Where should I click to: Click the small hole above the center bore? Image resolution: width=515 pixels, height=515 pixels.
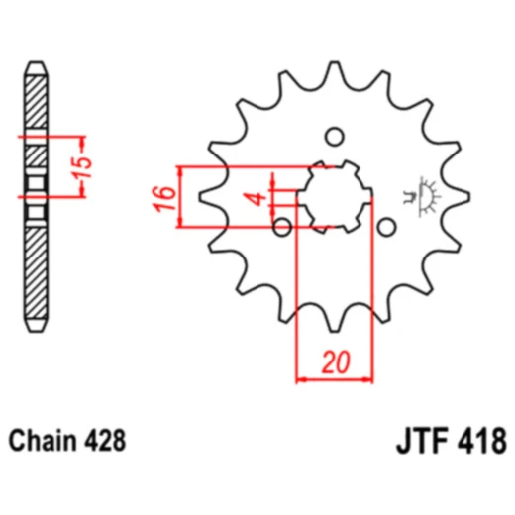point(335,137)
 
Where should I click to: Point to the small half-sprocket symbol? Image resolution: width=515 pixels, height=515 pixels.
point(429,195)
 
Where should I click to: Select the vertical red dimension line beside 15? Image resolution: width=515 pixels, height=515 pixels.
point(70,164)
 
